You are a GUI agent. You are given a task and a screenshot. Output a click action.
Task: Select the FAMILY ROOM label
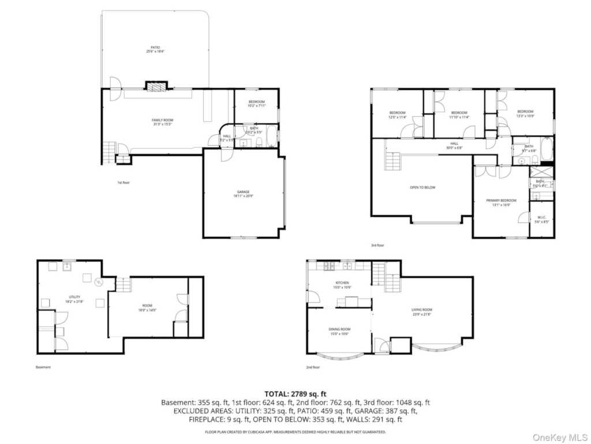[163, 122]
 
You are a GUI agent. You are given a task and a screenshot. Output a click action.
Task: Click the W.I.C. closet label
[540, 219]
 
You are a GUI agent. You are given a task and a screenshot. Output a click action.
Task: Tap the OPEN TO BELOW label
[422, 187]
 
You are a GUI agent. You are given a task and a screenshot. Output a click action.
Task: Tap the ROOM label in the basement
[147, 307]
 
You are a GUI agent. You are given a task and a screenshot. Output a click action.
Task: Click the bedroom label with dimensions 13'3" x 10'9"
[525, 113]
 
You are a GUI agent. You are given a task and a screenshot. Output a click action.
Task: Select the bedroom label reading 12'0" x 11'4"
[398, 114]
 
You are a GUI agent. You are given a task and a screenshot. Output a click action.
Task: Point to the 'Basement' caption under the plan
[43, 367]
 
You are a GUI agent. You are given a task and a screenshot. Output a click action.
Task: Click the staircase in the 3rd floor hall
[393, 161]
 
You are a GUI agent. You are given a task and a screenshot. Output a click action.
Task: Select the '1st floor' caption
[124, 183]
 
